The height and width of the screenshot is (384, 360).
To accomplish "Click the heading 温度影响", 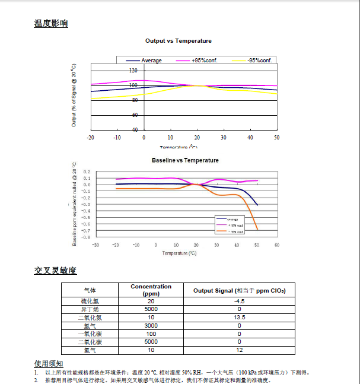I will (51, 24).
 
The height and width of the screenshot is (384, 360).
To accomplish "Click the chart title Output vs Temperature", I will (179, 41).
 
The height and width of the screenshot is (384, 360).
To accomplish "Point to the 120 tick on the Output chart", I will (133, 71).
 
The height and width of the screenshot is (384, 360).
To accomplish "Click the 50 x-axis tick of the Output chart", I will (276, 137).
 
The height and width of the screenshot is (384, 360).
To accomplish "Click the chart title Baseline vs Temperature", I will (185, 160).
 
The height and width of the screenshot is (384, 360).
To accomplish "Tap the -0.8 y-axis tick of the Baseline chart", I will (86, 237).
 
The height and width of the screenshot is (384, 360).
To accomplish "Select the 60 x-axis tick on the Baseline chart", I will (277, 245).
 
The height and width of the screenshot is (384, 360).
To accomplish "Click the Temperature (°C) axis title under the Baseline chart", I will (179, 253).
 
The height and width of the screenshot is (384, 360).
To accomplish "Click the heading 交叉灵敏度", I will (55, 271).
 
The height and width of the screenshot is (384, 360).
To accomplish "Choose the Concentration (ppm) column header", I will (151, 290).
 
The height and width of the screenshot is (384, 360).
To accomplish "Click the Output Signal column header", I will (240, 290).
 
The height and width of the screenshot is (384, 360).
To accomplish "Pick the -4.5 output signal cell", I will (240, 301).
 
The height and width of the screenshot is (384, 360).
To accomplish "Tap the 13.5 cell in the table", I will (240, 318).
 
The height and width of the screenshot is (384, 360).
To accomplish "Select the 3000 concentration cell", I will (151, 326).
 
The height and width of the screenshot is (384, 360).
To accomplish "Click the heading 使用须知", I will (49, 363).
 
